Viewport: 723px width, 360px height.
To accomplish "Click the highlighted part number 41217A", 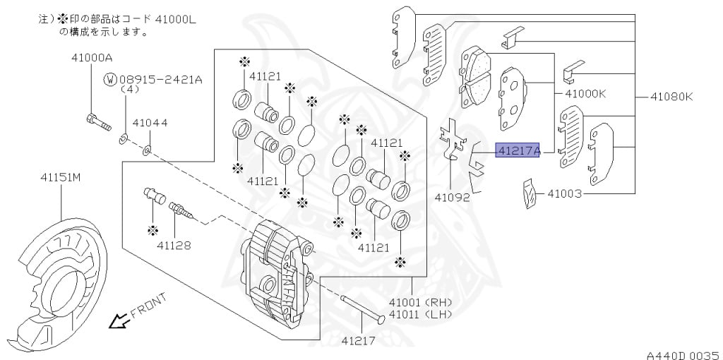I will pos(518,150).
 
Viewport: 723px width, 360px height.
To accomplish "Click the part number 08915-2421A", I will pos(160,80).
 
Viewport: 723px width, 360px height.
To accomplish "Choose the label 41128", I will pos(174,245).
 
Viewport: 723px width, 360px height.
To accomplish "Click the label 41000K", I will pos(582,93).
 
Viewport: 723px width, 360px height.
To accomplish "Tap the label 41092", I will pos(452,197).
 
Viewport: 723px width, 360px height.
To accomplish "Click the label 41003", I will pos(564,193).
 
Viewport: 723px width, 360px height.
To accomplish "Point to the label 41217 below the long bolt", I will pos(359,340).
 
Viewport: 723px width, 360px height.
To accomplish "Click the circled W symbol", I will pos(110,80).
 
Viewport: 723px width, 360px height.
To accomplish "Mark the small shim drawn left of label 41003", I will pos(530,195).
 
